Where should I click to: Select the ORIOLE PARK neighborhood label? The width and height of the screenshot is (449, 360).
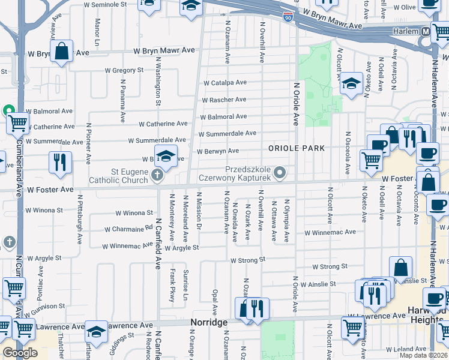[x=296, y=148]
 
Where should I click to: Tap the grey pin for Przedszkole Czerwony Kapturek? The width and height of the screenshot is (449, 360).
[x=279, y=173]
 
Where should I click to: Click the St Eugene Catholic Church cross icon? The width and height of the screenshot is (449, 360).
[x=157, y=175]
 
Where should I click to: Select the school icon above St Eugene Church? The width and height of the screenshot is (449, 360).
[x=166, y=156]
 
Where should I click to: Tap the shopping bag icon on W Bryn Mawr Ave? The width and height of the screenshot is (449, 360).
[x=61, y=52]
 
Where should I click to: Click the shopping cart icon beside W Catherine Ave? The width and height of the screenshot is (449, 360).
[x=18, y=123]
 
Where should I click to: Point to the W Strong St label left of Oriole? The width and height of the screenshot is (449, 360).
[x=247, y=260]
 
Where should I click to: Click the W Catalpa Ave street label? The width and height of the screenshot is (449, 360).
[x=224, y=83]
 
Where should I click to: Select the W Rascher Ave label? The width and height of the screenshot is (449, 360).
[x=223, y=100]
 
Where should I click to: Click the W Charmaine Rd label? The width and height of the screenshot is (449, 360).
[x=128, y=229]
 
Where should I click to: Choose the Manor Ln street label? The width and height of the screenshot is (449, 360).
[x=97, y=30]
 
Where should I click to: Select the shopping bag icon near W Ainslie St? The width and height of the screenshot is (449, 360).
[x=400, y=268]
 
